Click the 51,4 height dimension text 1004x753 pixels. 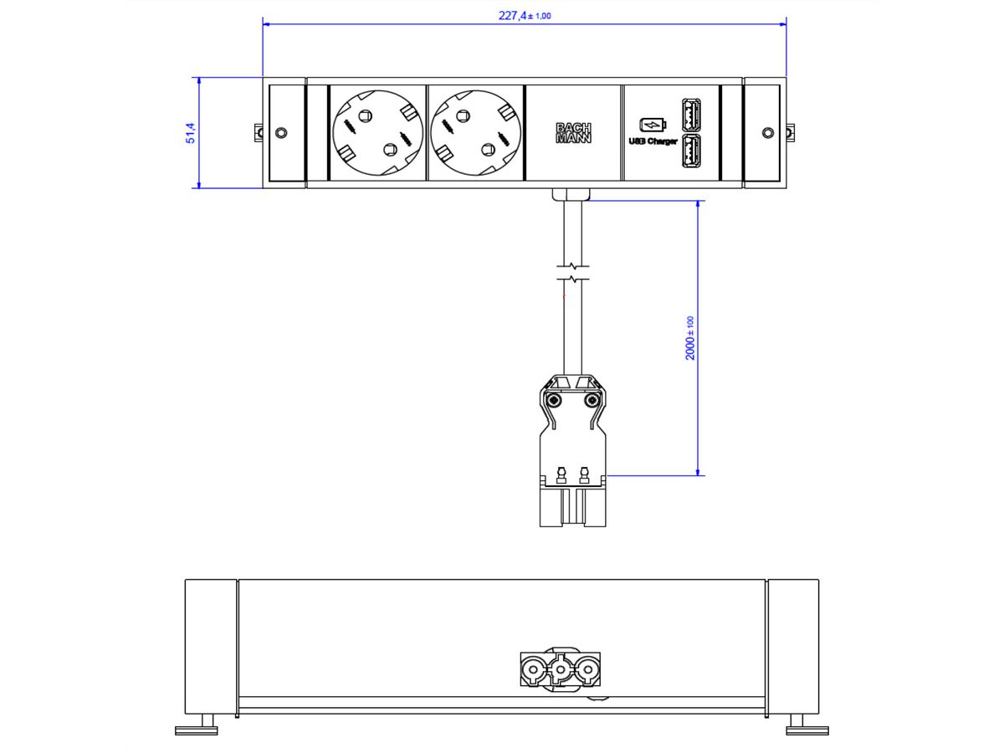coord(191,132)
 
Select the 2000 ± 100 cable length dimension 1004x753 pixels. coord(690,338)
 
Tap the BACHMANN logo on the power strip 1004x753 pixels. coord(573,133)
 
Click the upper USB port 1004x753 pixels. coord(691,114)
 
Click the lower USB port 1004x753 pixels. coord(691,151)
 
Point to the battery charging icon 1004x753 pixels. coord(653,125)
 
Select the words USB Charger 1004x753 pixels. coord(653,141)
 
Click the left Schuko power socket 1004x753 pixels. coord(376,132)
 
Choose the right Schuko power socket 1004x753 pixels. coord(474,132)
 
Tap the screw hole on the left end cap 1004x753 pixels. coord(280,133)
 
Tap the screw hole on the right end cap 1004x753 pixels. coord(768,133)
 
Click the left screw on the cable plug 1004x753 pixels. coord(553,401)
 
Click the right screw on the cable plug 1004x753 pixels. coord(592,401)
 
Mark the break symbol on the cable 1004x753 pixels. coord(573,273)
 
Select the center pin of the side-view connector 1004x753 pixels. coord(558,669)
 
